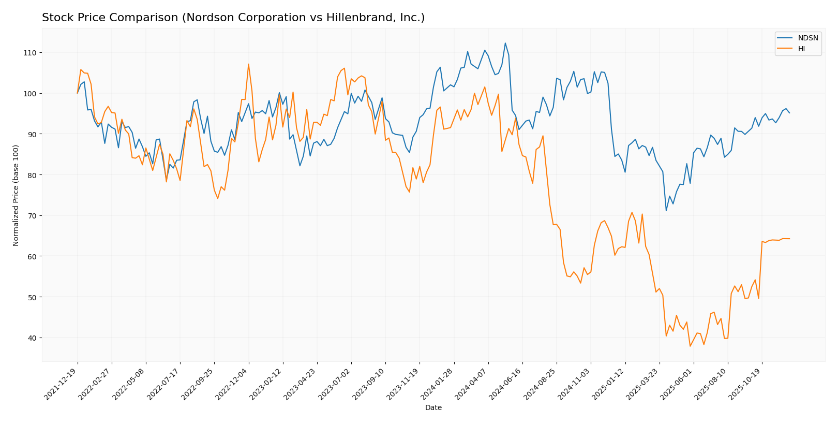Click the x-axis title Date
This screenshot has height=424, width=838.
pos(433,408)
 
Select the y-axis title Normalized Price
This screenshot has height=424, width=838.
pos(16,195)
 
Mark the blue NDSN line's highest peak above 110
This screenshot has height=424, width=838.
pos(505,43)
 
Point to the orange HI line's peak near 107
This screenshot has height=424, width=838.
pos(248,64)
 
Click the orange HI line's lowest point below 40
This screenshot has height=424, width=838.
pos(690,346)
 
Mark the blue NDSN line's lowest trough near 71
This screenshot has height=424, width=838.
pos(666,210)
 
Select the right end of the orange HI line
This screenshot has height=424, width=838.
pos(789,239)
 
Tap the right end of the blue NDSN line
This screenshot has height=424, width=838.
pos(789,113)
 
